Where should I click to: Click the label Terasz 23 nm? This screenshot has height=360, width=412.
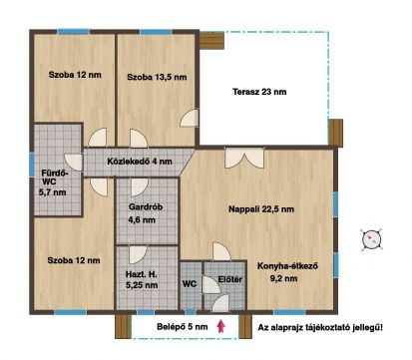[258, 92]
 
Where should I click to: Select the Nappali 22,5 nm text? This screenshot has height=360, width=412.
[257, 208]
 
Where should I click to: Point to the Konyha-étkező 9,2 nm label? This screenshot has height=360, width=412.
[288, 271]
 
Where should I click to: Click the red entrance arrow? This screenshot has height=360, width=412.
[222, 325]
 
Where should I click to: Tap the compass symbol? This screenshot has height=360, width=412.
[371, 239]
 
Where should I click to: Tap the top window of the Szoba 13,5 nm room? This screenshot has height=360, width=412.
[155, 33]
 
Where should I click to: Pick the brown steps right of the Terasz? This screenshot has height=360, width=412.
[336, 132]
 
